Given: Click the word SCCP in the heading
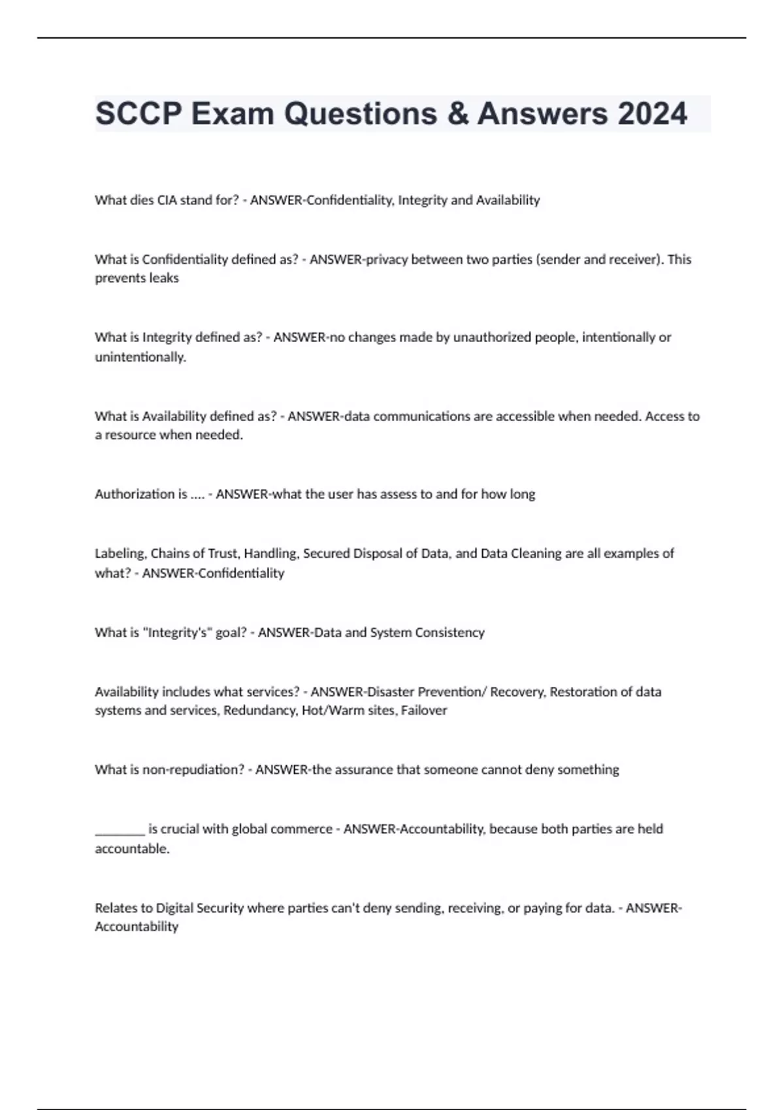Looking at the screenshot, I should (139, 114).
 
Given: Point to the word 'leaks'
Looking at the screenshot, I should (163, 278).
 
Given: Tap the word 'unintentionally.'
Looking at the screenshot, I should (140, 357).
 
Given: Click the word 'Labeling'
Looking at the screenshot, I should (120, 554).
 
